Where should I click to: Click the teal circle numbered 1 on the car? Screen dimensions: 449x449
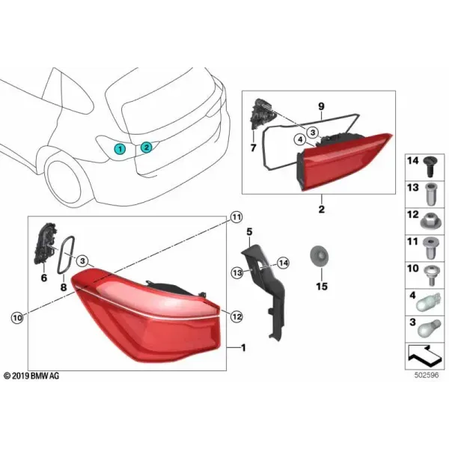(x=120, y=149)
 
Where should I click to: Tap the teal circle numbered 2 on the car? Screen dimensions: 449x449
(x=146, y=147)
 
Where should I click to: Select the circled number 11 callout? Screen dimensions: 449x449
(x=236, y=218)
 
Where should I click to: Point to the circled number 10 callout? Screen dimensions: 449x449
(x=17, y=317)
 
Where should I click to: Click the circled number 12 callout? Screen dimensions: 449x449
(x=236, y=317)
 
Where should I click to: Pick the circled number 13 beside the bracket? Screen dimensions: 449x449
(x=237, y=273)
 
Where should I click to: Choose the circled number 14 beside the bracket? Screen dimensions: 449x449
(x=283, y=263)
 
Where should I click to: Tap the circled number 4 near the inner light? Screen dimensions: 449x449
(x=300, y=140)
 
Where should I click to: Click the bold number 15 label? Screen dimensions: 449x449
(x=322, y=287)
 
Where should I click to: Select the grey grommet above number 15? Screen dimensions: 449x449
(x=319, y=256)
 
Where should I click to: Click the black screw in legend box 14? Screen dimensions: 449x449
(x=430, y=167)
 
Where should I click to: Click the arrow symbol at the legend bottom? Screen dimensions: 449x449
(x=425, y=355)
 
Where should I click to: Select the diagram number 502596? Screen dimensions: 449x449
(x=427, y=375)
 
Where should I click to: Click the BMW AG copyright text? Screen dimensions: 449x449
(x=31, y=376)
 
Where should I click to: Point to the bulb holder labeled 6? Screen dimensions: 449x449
(x=45, y=242)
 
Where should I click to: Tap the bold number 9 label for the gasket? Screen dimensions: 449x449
(x=321, y=106)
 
